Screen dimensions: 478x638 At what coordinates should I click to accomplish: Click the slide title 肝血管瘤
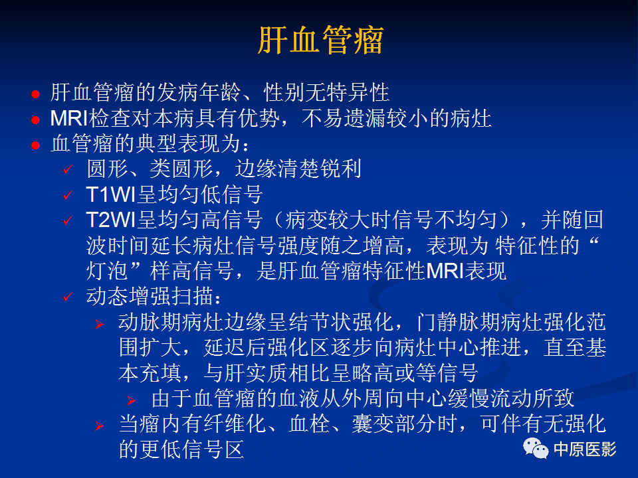coord(320,41)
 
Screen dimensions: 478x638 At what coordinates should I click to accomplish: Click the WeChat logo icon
coord(536,448)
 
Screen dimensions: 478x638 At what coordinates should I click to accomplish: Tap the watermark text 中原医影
coord(585,449)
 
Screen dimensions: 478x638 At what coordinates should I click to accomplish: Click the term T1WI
coord(111,195)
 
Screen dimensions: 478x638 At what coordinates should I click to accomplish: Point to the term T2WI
coord(111,220)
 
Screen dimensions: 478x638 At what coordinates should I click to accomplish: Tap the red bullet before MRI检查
coord(37,120)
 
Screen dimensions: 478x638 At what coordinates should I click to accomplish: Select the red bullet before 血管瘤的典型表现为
coord(37,145)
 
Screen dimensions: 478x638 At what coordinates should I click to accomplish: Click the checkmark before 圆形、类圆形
coord(67,170)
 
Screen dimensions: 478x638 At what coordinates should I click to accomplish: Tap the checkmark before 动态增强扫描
coord(67,297)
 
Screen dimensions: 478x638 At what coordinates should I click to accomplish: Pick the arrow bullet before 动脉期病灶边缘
coord(99,324)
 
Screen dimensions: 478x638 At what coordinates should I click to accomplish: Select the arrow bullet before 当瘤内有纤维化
coord(99,426)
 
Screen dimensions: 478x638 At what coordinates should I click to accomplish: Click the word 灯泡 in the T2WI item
coord(107,271)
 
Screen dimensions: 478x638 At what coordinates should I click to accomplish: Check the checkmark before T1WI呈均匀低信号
coord(67,196)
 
